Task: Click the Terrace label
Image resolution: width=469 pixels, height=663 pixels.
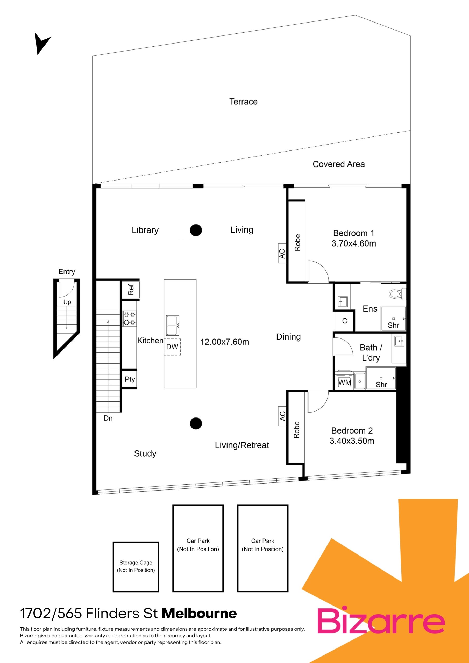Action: [243, 102]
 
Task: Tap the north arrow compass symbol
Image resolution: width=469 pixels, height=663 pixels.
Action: [42, 43]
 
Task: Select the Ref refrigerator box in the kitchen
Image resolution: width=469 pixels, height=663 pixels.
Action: [131, 289]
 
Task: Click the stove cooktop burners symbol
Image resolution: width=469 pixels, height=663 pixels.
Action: [130, 318]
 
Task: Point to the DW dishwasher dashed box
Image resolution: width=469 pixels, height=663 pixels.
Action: [173, 347]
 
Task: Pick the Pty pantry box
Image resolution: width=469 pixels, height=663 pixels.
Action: [130, 379]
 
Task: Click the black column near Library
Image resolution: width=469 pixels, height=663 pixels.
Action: [196, 230]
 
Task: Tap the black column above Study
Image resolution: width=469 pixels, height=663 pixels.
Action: [196, 423]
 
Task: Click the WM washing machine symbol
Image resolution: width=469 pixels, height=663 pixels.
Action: [344, 382]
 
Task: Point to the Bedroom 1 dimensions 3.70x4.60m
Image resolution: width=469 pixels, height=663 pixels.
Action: [354, 243]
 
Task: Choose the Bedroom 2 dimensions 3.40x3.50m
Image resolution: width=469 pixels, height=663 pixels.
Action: [352, 441]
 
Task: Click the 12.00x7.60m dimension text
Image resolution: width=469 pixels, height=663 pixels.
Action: [225, 342]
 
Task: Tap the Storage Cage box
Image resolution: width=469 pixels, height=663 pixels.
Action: [136, 567]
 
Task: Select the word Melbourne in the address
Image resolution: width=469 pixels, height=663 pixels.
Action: [199, 613]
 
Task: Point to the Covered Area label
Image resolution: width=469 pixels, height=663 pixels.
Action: [339, 164]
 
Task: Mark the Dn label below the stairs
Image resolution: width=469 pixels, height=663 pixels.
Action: [108, 418]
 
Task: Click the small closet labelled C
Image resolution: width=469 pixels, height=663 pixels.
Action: [344, 321]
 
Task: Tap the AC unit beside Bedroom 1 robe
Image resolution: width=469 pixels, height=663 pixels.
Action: [282, 254]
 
